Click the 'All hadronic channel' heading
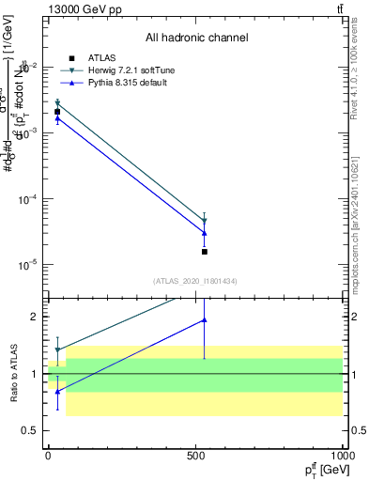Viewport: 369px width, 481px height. pyautogui.click(x=196, y=39)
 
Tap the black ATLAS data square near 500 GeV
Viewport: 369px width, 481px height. pyautogui.click(x=205, y=252)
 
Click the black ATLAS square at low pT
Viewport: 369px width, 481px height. pyautogui.click(x=57, y=112)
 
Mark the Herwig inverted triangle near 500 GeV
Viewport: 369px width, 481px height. pyautogui.click(x=205, y=221)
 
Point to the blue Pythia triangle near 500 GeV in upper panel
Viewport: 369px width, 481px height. pyautogui.click(x=205, y=232)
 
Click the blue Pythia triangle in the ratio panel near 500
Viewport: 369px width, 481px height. pyautogui.click(x=205, y=320)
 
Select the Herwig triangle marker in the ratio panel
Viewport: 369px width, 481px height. pyautogui.click(x=57, y=350)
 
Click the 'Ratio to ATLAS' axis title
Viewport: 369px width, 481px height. pyautogui.click(x=14, y=373)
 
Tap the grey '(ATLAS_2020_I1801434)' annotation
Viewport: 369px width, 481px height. pyautogui.click(x=196, y=281)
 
